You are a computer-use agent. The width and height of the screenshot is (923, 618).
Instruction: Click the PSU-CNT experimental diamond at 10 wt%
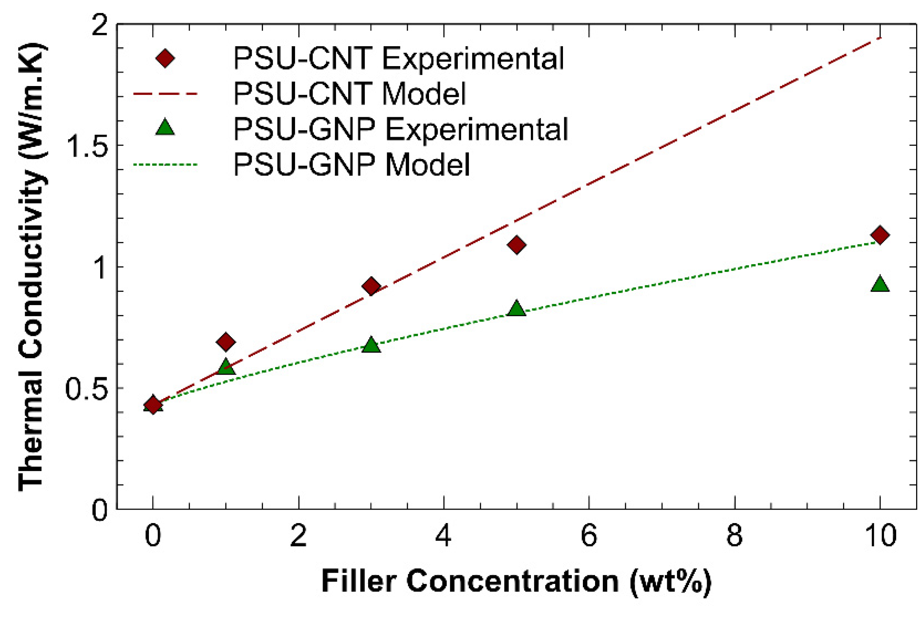click(x=880, y=235)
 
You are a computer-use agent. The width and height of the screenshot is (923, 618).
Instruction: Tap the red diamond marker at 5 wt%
click(x=516, y=245)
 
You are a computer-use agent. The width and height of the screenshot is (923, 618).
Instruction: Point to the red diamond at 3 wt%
click(x=371, y=286)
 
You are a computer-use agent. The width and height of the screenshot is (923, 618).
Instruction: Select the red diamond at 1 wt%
click(x=226, y=342)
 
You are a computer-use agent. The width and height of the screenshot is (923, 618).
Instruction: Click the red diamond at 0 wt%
click(x=153, y=405)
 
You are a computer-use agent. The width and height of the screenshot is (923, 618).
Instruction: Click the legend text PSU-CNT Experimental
click(x=399, y=59)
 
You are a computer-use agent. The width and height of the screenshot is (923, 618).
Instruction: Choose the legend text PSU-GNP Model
click(x=352, y=164)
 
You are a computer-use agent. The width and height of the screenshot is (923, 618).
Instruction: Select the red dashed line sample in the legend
click(x=165, y=94)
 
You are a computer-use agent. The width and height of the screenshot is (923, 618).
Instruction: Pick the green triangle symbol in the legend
click(x=165, y=128)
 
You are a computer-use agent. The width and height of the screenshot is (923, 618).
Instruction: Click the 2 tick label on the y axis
click(x=99, y=25)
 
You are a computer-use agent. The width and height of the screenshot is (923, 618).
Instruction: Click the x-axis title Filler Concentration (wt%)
click(x=516, y=581)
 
